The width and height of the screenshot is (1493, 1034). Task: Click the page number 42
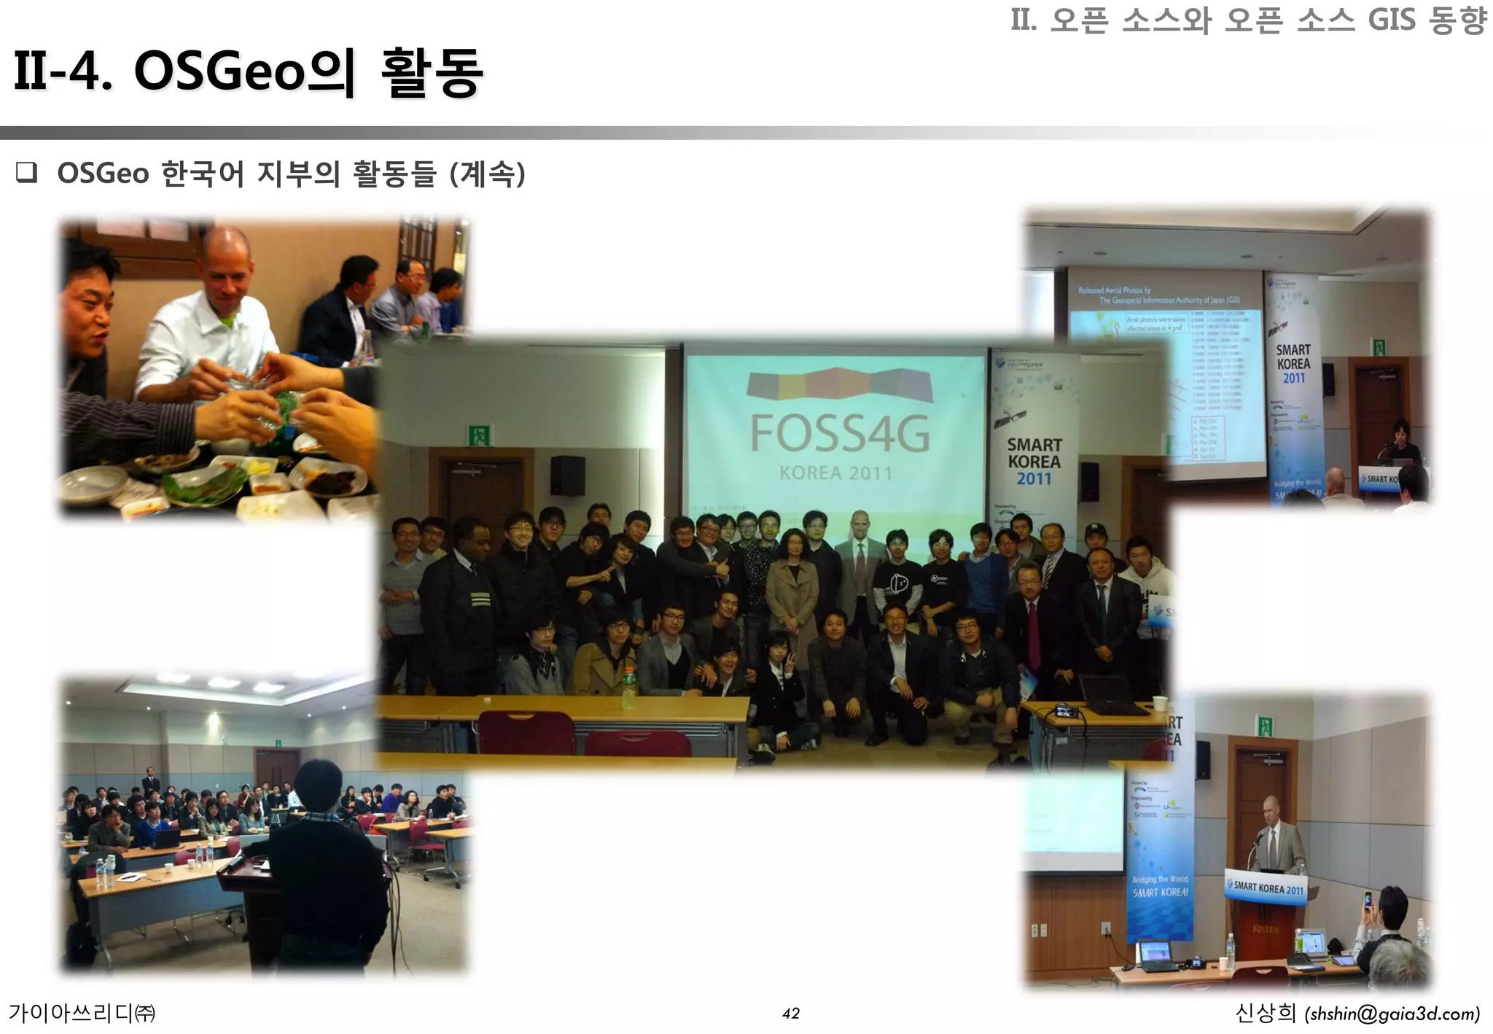coord(790,1014)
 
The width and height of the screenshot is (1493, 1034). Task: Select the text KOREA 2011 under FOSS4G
coord(836,473)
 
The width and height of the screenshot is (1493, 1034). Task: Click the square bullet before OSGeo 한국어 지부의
coord(26,174)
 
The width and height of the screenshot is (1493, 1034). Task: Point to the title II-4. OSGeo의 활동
coord(248,73)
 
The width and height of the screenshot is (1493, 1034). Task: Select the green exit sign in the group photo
coord(480,435)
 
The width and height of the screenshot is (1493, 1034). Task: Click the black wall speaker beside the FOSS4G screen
coord(567,475)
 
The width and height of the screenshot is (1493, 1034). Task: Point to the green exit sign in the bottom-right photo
coord(1265,726)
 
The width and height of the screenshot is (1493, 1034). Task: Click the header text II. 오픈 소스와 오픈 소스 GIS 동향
coord(1247,20)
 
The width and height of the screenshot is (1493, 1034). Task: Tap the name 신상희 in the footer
coord(1266,1014)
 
